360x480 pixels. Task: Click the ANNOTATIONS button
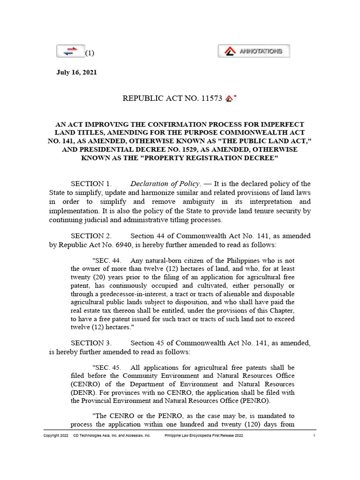tap(254, 51)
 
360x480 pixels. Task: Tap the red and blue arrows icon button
tap(70, 52)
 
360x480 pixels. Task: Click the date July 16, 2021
tap(77, 73)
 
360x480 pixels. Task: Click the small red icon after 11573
tap(229, 98)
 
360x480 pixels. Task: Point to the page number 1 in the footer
tap(314, 436)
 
